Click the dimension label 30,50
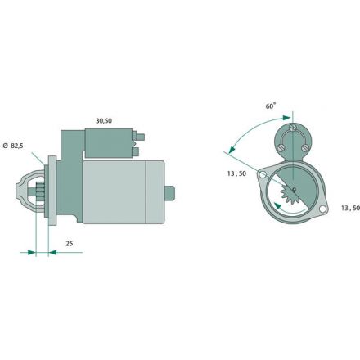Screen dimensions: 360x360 pyautogui.click(x=104, y=121)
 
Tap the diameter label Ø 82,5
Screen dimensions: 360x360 pyautogui.click(x=13, y=146)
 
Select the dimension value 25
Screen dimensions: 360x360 pyautogui.click(x=70, y=244)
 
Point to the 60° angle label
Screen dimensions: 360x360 pyautogui.click(x=271, y=106)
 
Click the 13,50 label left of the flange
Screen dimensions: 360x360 pyautogui.click(x=236, y=173)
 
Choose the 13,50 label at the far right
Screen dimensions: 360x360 pyautogui.click(x=350, y=208)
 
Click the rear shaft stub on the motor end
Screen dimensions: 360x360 pyautogui.click(x=169, y=192)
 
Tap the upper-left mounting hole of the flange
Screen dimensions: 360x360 pyautogui.click(x=263, y=175)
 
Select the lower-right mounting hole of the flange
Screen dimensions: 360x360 pyautogui.click(x=322, y=209)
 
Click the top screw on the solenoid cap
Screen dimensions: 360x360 pyautogui.click(x=292, y=128)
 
